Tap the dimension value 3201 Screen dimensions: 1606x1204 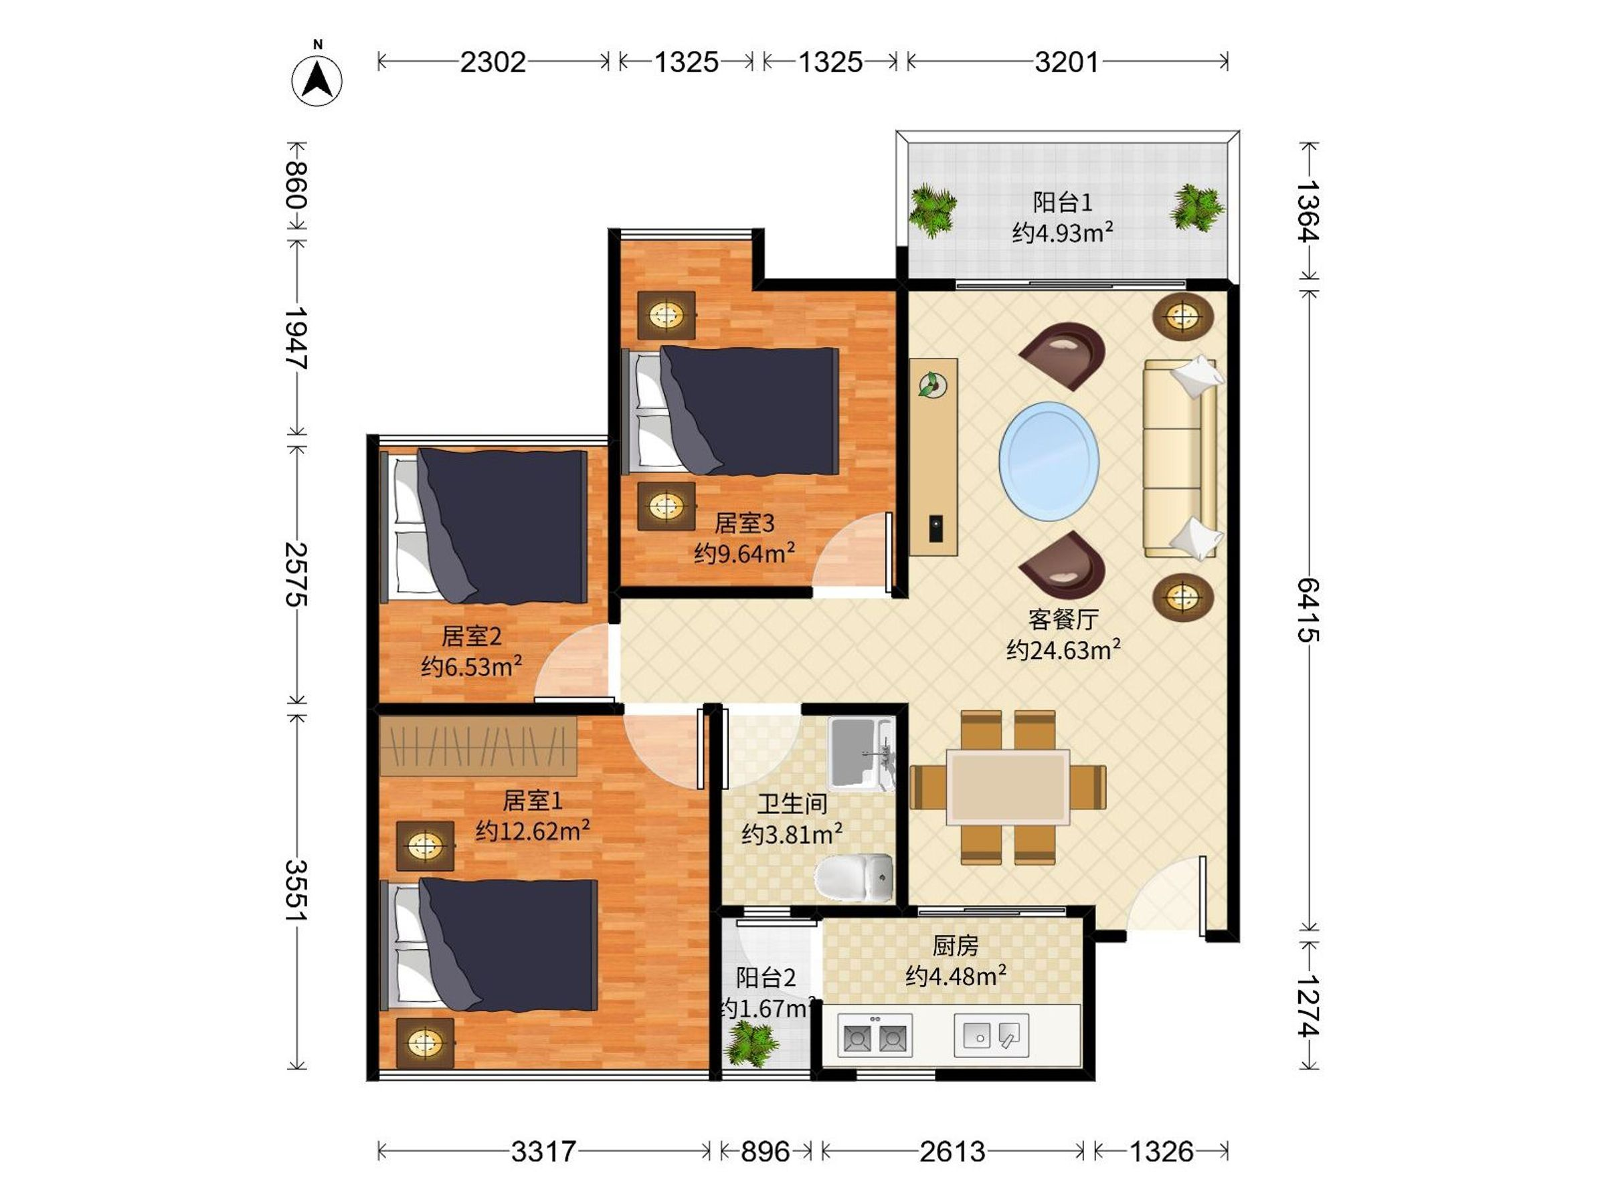coord(1067,62)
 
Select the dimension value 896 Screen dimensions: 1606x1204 coord(766,1152)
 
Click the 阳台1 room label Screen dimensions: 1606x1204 coord(1062,203)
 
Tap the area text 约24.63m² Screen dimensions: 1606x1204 coord(1063,649)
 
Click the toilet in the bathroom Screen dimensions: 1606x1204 coord(854,878)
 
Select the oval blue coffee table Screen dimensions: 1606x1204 coord(1049,461)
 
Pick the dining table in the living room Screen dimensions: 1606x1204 coord(1008,787)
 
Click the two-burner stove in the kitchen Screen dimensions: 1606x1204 coord(875,1034)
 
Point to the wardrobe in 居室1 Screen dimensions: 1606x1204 coord(478,746)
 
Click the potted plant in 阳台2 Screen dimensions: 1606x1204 coord(753,1043)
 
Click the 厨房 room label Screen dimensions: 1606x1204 coord(956,946)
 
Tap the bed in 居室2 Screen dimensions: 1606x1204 coord(484,527)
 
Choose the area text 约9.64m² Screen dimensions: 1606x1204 coord(744,554)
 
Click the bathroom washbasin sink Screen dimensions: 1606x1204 coord(862,753)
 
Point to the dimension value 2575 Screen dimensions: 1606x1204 coord(296,574)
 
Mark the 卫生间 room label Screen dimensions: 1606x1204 coord(792,804)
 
